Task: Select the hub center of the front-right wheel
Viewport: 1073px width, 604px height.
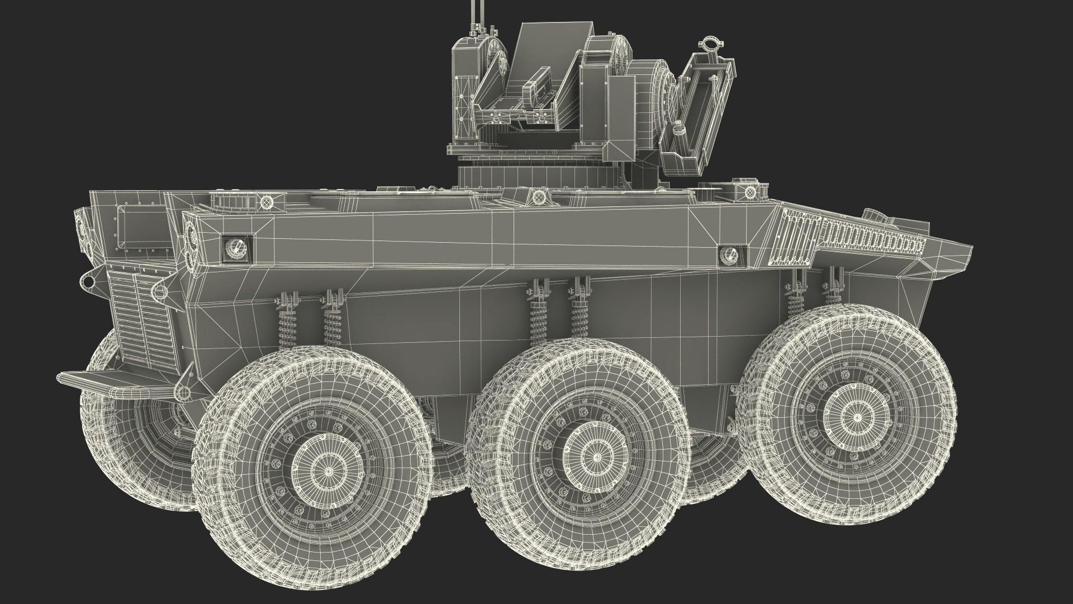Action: click(x=856, y=417)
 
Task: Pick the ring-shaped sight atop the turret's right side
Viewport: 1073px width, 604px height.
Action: click(x=711, y=45)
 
